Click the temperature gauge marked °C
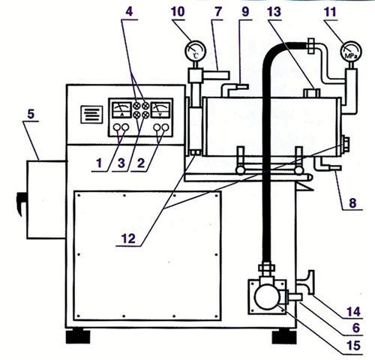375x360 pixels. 195,51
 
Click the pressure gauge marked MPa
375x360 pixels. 351,52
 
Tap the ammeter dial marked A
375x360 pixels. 121,109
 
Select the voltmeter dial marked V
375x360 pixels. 160,109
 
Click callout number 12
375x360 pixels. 128,238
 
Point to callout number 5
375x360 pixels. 31,114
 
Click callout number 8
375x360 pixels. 352,202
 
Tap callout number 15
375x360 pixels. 354,345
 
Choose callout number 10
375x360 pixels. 178,12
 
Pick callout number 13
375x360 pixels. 274,12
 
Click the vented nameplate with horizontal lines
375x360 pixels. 91,115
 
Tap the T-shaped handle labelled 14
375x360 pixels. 308,283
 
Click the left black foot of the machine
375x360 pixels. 78,336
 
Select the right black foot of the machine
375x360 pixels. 284,336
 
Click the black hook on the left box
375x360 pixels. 20,203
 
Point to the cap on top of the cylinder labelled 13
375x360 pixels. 311,93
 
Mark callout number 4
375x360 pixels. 129,12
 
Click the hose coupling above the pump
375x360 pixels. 266,268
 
